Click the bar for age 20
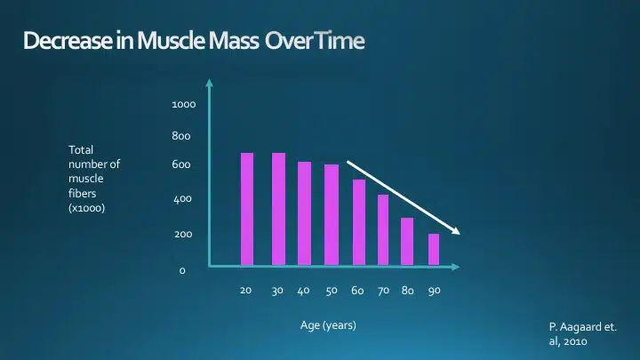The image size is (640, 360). pyautogui.click(x=247, y=209)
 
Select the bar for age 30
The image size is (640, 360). pyautogui.click(x=278, y=209)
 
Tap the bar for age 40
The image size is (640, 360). pyautogui.click(x=304, y=213)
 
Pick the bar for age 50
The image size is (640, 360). pyautogui.click(x=332, y=214)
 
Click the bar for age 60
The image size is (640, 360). pyautogui.click(x=359, y=222)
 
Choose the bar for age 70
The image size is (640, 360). pyautogui.click(x=383, y=229)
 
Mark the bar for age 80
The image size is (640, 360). pyautogui.click(x=407, y=241)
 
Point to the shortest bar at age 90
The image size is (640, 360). pyautogui.click(x=434, y=249)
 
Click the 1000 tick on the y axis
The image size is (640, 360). pyautogui.click(x=184, y=105)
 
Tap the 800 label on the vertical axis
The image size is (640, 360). pyautogui.click(x=181, y=137)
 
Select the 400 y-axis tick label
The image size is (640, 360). pyautogui.click(x=181, y=199)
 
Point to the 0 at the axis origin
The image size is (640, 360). pyautogui.click(x=182, y=270)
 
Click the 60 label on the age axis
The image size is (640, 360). pyautogui.click(x=357, y=291)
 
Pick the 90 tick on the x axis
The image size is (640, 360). pyautogui.click(x=435, y=291)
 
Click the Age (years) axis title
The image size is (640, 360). pyautogui.click(x=328, y=325)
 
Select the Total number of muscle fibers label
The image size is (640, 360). pyautogui.click(x=93, y=179)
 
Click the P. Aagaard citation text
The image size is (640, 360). pyautogui.click(x=581, y=333)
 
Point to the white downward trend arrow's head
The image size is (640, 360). pyautogui.click(x=457, y=232)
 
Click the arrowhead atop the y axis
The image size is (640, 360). pyautogui.click(x=210, y=84)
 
